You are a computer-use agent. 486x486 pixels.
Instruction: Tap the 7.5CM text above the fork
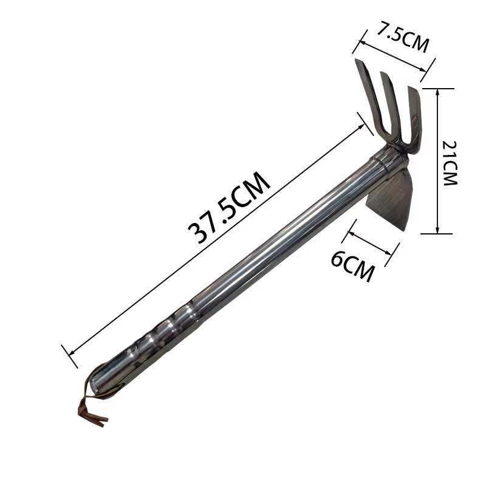coord(402,38)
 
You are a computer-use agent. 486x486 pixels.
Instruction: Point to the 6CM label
coord(352,267)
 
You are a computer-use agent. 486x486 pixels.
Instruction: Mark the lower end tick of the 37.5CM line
coord(69,356)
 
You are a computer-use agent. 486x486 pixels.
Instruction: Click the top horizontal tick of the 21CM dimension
coord(437,88)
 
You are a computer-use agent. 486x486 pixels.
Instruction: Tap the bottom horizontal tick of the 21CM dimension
coord(437,233)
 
